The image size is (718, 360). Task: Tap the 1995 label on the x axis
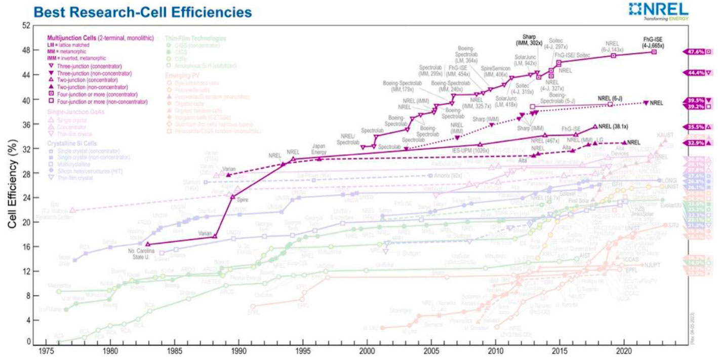click(303, 350)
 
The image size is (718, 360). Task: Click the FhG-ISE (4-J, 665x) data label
click(654, 42)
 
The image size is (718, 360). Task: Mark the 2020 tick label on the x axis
click(624, 350)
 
